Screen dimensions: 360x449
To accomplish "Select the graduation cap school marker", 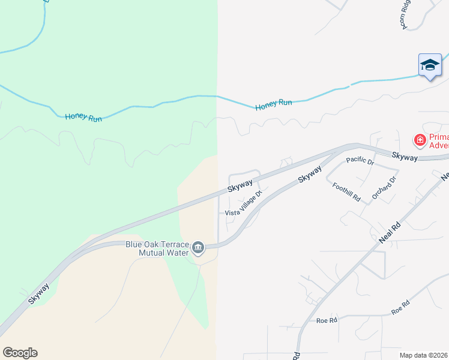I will pyautogui.click(x=430, y=65).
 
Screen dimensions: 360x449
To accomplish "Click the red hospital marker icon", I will pyautogui.click(x=420, y=140).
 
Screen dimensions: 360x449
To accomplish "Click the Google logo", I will pyautogui.click(x=20, y=353).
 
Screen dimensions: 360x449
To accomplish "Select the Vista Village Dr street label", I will pyautogui.click(x=244, y=204).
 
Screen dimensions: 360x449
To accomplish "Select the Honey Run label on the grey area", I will pyautogui.click(x=273, y=105).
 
